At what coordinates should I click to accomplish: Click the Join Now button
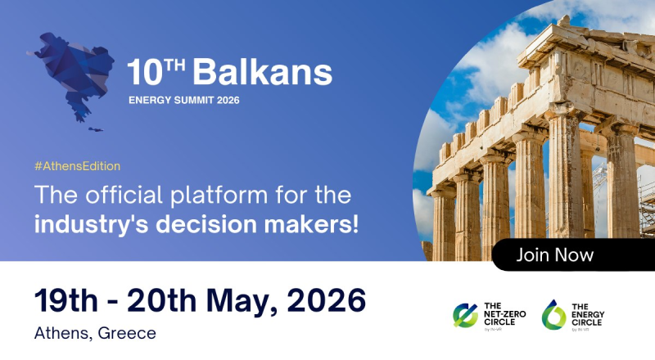pos(555,255)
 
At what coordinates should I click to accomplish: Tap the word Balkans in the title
pos(262,74)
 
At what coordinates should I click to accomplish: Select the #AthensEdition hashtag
pos(78,166)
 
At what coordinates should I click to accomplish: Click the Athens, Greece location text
pos(95,333)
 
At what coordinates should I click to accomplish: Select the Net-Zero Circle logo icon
pos(466,314)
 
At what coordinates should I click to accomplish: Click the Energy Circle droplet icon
pos(554,314)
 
